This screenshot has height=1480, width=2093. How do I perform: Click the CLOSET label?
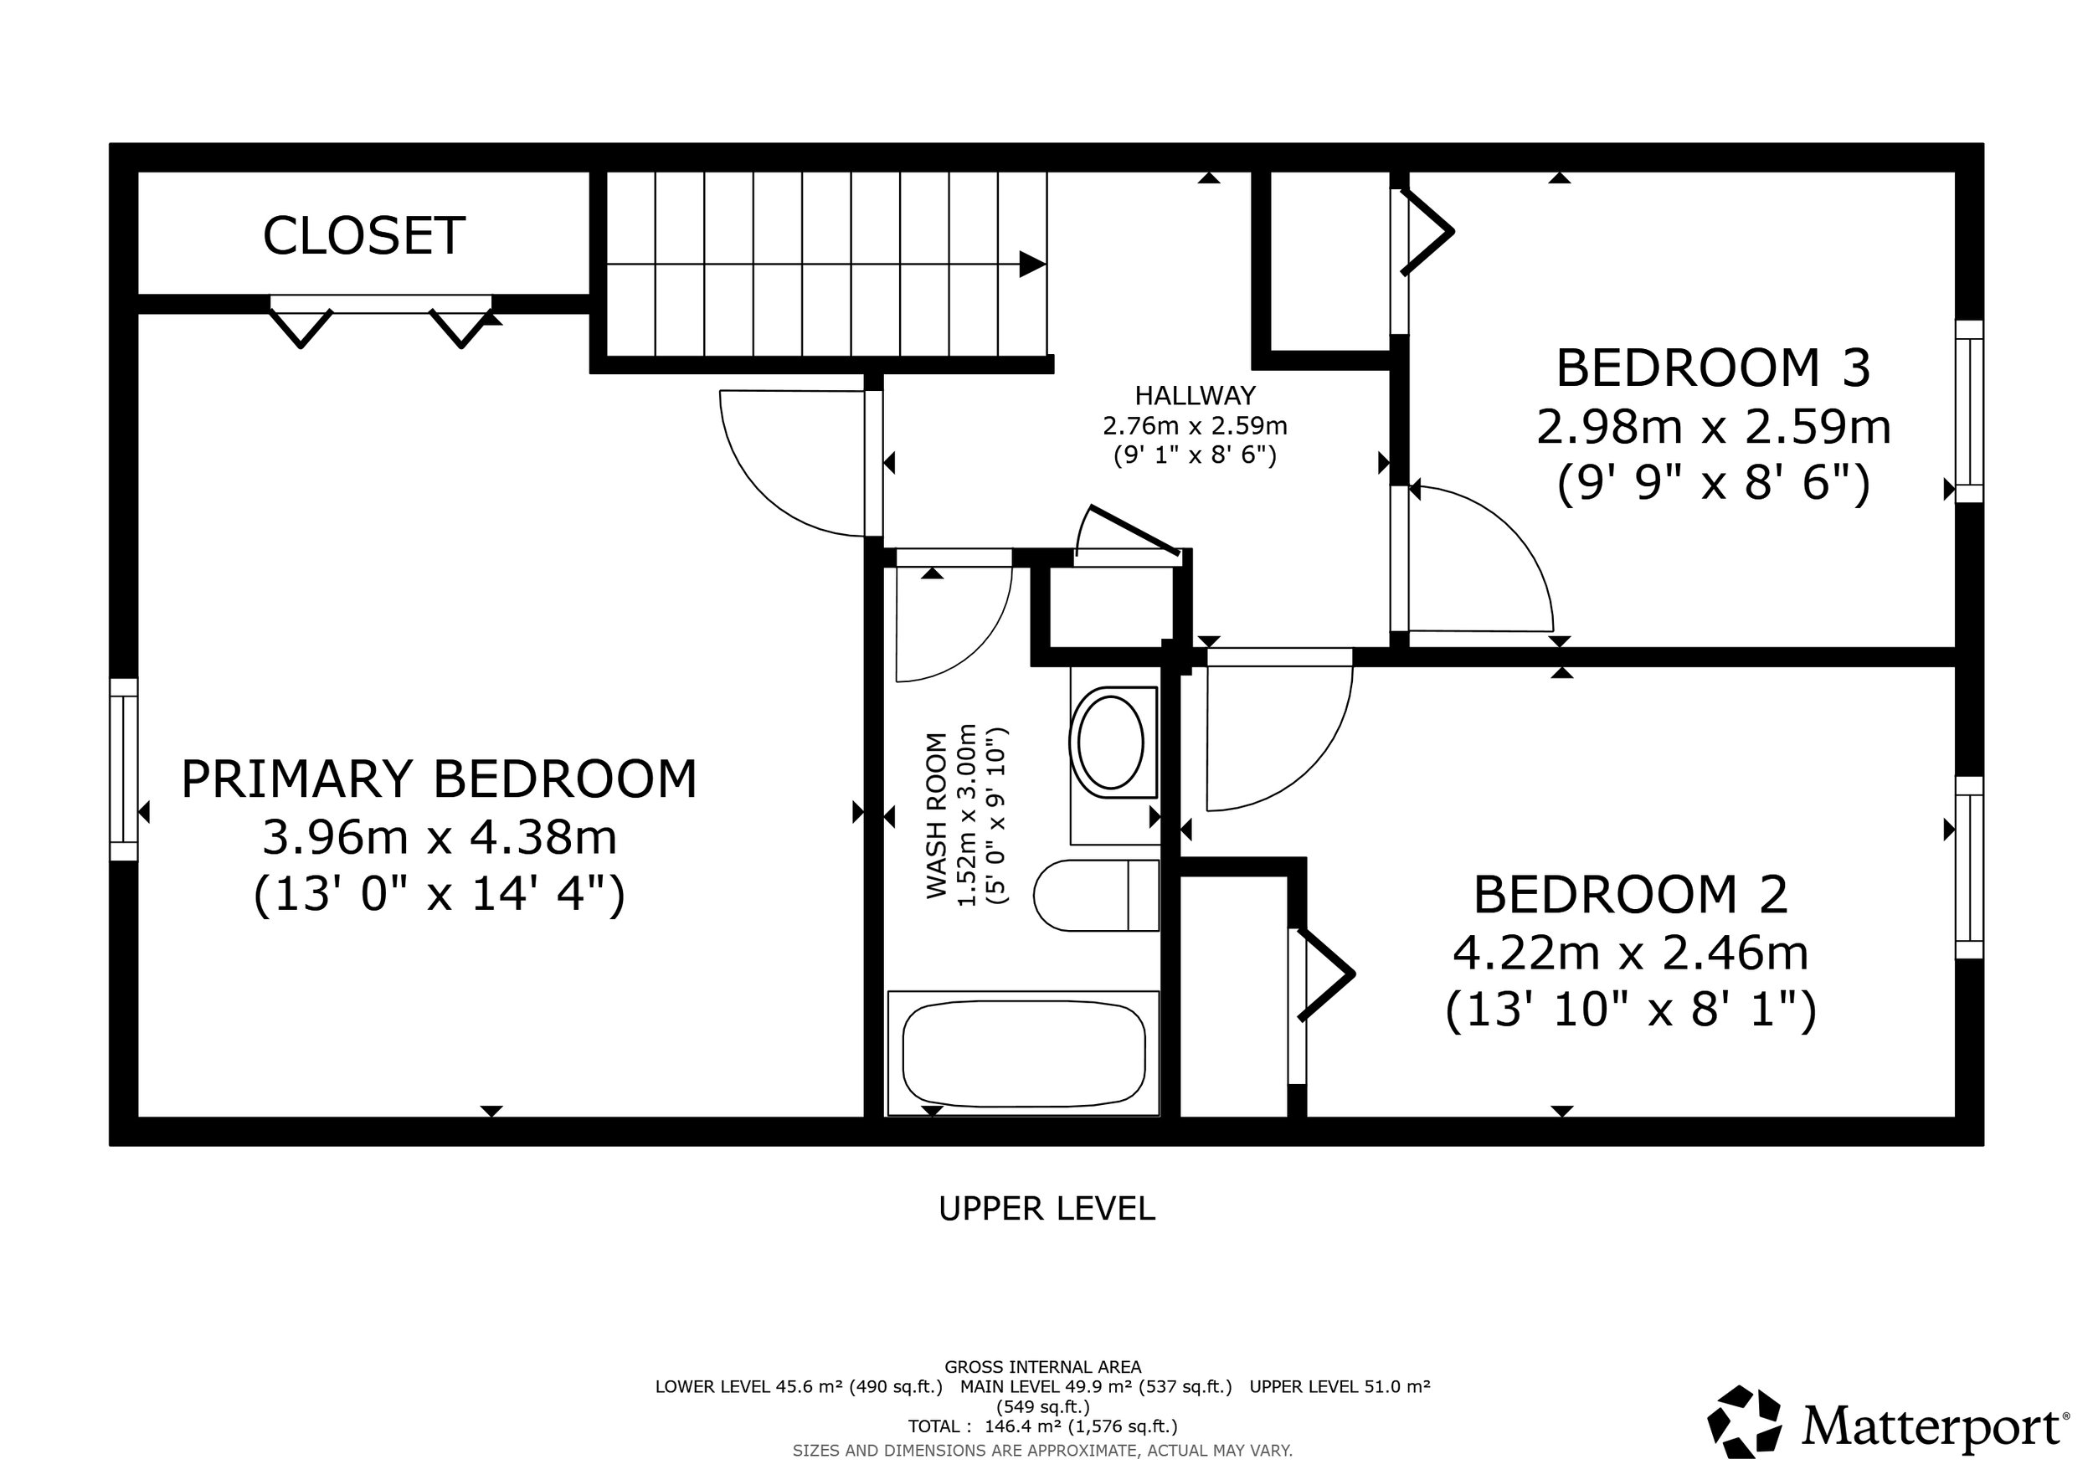click(x=363, y=235)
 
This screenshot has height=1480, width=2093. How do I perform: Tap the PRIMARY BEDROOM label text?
click(x=439, y=779)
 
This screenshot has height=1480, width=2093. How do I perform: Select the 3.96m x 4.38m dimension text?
click(x=440, y=837)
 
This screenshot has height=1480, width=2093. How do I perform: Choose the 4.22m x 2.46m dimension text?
click(x=1631, y=953)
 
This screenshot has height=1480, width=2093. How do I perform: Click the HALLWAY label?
click(x=1195, y=395)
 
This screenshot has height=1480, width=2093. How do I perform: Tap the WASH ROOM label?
click(x=937, y=815)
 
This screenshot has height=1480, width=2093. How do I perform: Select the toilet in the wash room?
click(x=1097, y=895)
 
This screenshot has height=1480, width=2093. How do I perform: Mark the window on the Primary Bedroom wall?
click(x=124, y=769)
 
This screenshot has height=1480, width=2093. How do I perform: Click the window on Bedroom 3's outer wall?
click(x=1970, y=411)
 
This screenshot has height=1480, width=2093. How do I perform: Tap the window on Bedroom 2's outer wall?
click(x=1970, y=867)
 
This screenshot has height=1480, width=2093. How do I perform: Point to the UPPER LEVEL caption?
click(x=1046, y=1209)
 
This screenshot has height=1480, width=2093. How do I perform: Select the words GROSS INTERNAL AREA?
click(x=1043, y=1367)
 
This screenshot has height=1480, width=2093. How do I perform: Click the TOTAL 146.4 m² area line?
click(x=1043, y=1426)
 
